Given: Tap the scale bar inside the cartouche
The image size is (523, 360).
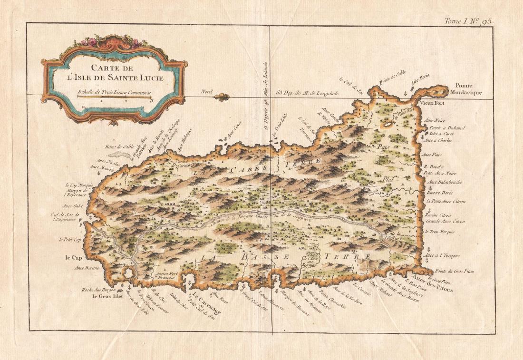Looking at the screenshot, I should point(114,97).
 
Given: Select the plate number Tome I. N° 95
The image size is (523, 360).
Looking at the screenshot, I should point(469,20).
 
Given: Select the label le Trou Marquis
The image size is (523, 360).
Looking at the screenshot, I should point(440,232).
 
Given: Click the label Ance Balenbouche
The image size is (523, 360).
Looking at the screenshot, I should point(445,182).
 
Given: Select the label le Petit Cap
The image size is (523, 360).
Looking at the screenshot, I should point(71,240).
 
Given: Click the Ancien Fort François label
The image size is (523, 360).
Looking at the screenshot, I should point(165,275).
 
